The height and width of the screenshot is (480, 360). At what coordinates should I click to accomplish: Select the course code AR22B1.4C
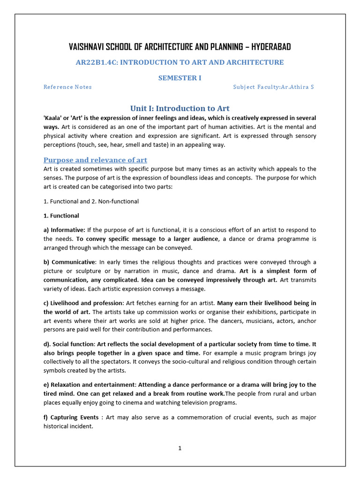pos(97,62)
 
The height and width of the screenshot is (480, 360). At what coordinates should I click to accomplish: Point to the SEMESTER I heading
pos(180,78)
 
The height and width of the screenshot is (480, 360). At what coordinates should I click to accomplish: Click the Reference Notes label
pos(67,87)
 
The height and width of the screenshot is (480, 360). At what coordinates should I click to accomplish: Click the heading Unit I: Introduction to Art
pos(180,108)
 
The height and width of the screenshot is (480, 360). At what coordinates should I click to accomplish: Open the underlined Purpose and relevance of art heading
pos(95,160)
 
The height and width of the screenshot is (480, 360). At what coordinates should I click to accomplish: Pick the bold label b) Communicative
pos(69,262)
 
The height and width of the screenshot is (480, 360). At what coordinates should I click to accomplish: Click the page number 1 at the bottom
pos(180,448)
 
